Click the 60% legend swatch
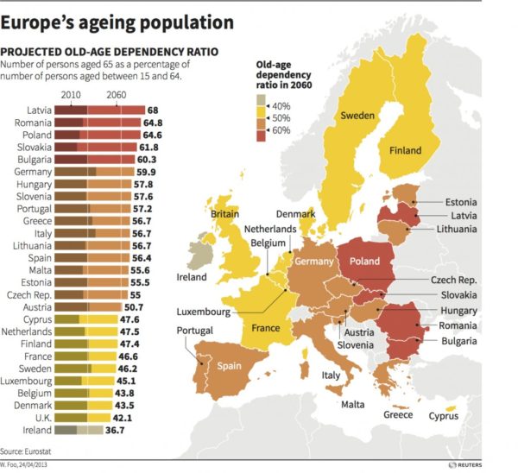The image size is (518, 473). [x=262, y=131]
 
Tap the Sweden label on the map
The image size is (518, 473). [x=356, y=116]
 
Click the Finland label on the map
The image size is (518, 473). [x=404, y=150]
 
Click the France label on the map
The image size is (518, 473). [x=265, y=328]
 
